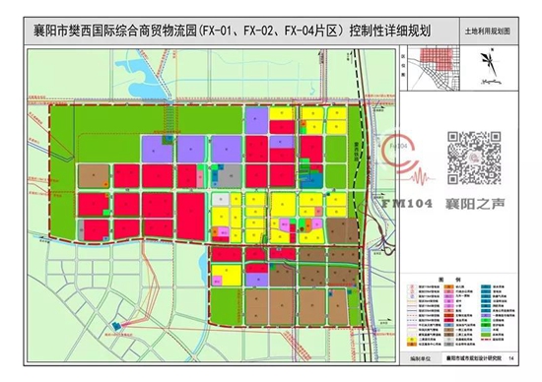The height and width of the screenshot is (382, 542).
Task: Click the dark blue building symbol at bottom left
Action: (x=118, y=324)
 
